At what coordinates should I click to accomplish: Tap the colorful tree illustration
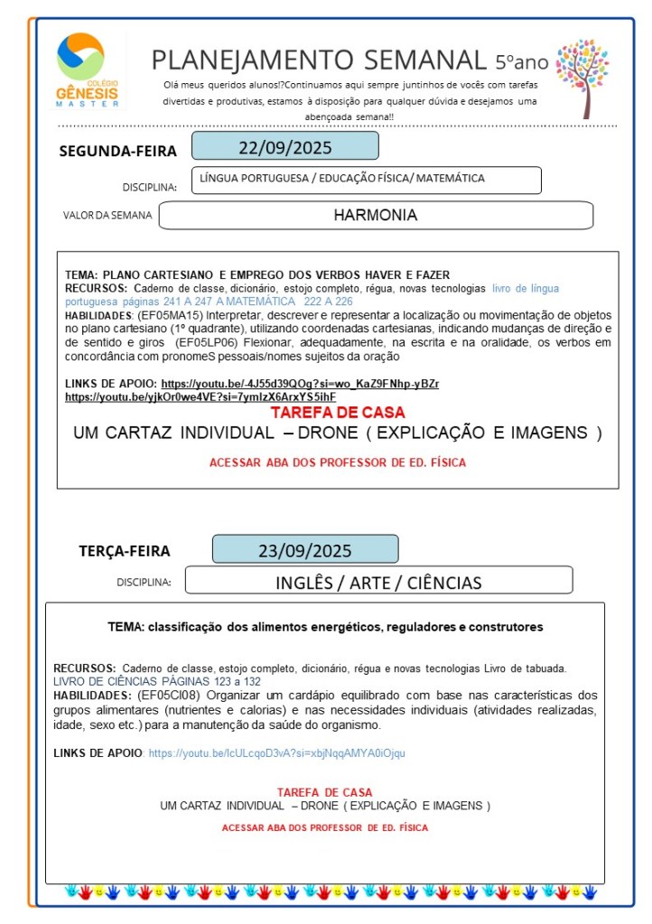582,76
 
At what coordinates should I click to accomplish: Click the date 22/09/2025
284,146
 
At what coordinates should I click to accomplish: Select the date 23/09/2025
304,549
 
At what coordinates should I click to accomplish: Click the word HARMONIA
376,216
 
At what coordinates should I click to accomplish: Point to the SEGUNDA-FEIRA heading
117,151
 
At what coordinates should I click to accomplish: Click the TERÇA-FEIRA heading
125,551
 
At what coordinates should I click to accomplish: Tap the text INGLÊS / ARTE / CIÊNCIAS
378,582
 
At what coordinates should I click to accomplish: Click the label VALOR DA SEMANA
107,217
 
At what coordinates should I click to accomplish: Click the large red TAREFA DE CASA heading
338,413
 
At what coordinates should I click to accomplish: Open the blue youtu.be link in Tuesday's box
276,752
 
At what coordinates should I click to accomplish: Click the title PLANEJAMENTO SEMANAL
319,61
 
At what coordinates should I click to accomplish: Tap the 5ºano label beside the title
521,62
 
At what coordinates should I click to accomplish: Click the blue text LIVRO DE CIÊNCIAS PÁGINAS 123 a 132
157,681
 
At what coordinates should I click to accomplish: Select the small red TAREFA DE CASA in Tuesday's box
324,792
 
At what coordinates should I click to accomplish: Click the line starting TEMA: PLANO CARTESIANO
257,275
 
